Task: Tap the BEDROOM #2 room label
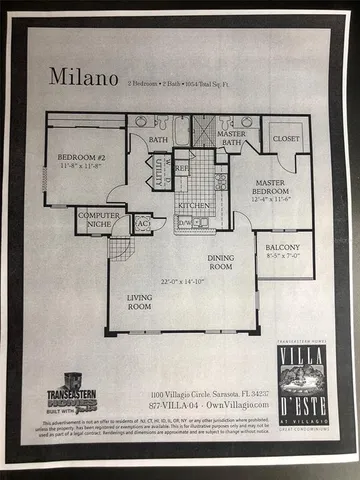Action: pos(79,159)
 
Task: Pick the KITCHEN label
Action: pos(193,204)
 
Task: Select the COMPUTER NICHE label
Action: pos(97,220)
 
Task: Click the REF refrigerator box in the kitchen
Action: pos(182,170)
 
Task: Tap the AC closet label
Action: pos(142,224)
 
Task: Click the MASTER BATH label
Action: pos(231,137)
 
